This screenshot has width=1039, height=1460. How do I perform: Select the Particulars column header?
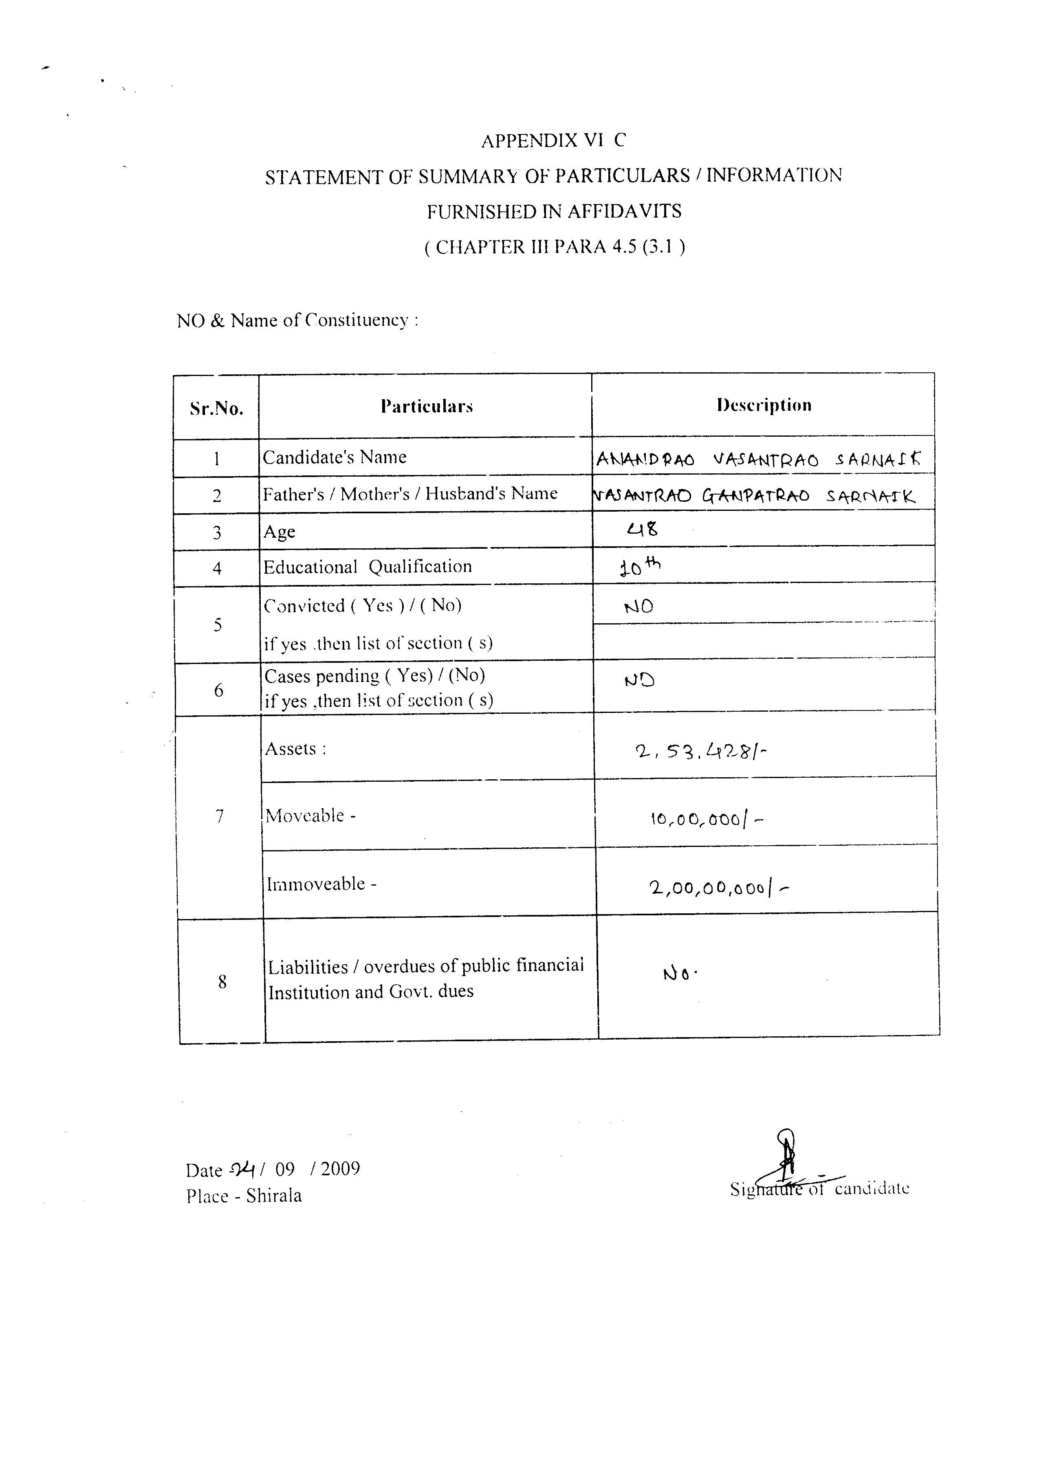tap(427, 406)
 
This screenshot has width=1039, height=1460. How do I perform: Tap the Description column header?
tap(764, 405)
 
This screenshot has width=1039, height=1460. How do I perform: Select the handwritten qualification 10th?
tap(640, 566)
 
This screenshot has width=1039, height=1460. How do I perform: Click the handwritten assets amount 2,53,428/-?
tap(700, 753)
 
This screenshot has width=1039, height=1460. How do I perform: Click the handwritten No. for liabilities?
tap(680, 974)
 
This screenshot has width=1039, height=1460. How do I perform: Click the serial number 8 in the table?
tap(222, 982)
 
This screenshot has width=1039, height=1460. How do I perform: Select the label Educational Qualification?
tap(367, 567)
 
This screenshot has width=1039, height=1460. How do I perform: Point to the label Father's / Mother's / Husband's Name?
tap(410, 494)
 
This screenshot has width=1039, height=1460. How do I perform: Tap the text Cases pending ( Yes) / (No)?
tap(375, 675)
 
